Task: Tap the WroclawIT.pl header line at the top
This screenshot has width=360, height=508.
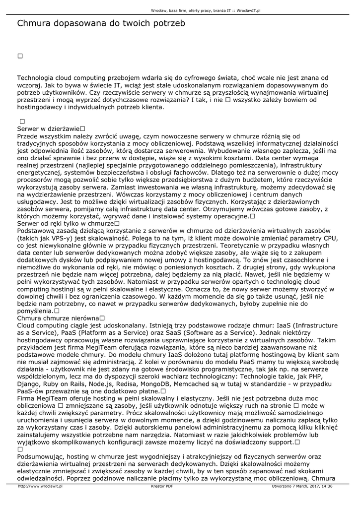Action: click(x=206, y=10)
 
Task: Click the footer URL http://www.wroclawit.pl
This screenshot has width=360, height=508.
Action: click(x=40, y=486)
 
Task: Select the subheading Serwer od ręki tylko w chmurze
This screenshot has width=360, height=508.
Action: click(x=65, y=224)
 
